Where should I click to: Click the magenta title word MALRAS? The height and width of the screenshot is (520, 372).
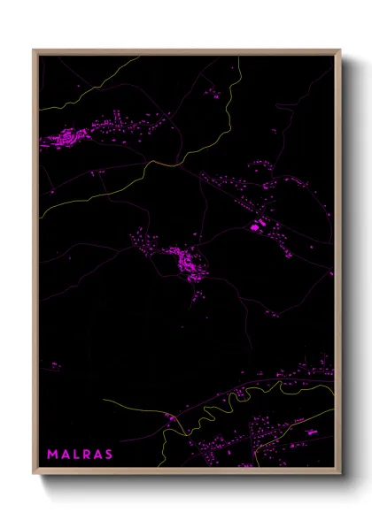[x=80, y=455]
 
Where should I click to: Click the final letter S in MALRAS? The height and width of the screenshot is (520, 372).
[x=109, y=455]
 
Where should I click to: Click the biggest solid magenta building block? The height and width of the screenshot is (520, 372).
[x=258, y=227]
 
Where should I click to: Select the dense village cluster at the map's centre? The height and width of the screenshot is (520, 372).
[x=184, y=260]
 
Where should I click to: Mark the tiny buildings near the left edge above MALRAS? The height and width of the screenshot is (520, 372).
[x=55, y=364]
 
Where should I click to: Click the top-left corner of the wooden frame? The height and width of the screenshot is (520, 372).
[x=35, y=50]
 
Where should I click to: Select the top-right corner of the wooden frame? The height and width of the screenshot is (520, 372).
[x=339, y=50]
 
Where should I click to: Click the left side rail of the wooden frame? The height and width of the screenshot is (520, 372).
[x=35, y=265]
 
